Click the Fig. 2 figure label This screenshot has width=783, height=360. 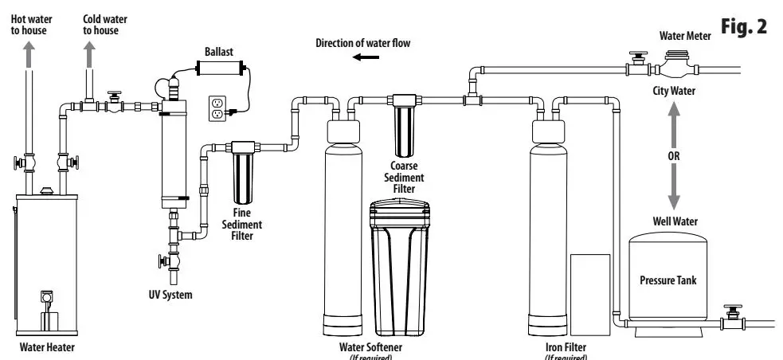click(744, 26)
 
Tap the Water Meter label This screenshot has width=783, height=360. click(686, 36)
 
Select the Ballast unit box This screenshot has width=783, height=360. click(217, 71)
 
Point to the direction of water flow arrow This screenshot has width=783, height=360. click(368, 57)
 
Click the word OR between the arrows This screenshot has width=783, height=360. click(673, 155)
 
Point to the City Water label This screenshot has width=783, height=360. click(673, 91)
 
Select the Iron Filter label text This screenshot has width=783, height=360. click(565, 346)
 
